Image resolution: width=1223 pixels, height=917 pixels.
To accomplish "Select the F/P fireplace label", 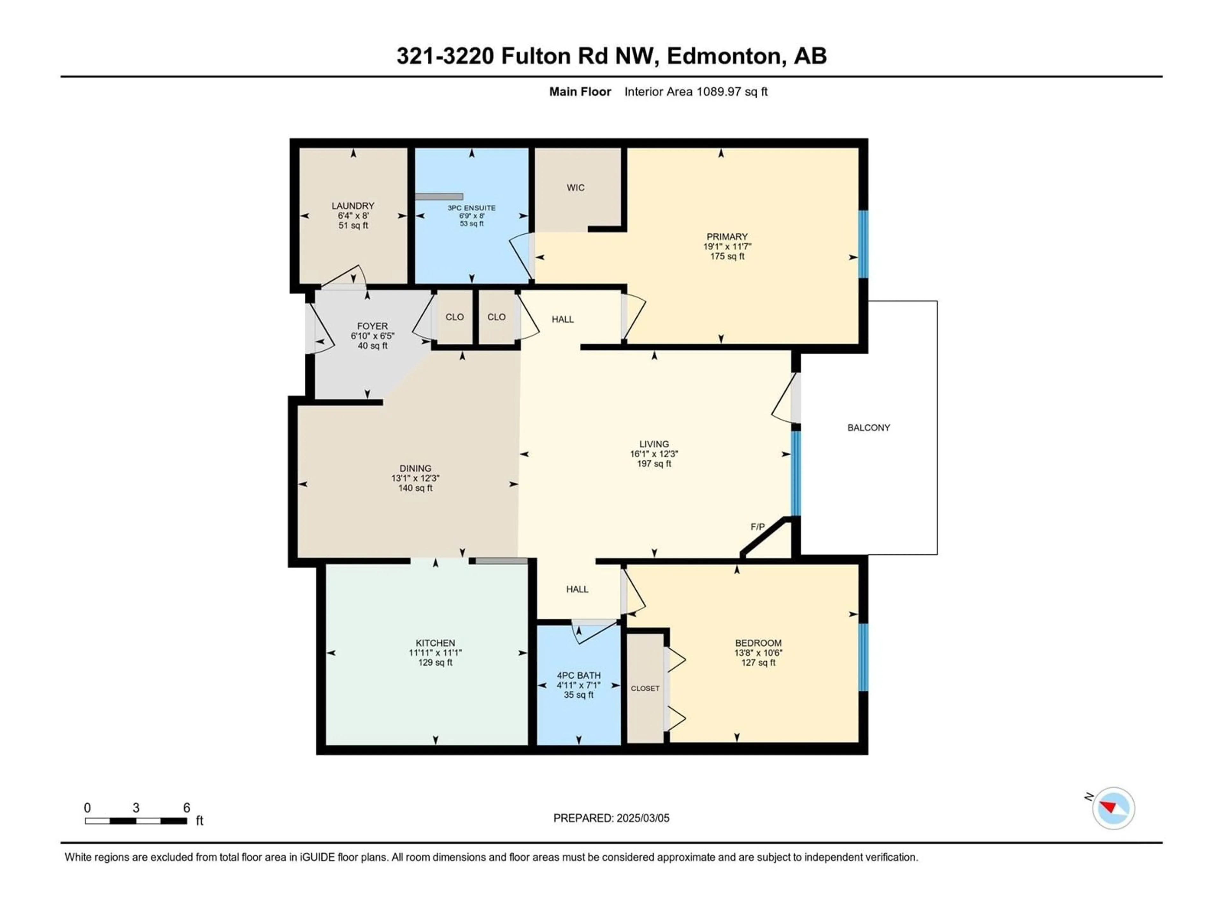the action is pyautogui.click(x=757, y=527).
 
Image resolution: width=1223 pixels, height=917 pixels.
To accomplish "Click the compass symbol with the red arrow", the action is pyautogui.click(x=1113, y=808).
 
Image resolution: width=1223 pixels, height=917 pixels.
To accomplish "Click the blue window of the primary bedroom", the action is pyautogui.click(x=863, y=244).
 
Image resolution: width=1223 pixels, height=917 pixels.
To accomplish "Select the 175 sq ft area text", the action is pyautogui.click(x=727, y=256).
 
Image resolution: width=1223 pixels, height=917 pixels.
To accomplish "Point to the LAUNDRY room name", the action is pyautogui.click(x=353, y=206).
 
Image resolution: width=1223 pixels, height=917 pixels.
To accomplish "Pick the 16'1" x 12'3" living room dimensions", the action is pyautogui.click(x=654, y=454).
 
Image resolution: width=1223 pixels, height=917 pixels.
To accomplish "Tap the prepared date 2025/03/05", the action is pyautogui.click(x=641, y=818).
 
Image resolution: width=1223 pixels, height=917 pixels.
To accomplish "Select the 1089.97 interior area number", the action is pyautogui.click(x=718, y=92).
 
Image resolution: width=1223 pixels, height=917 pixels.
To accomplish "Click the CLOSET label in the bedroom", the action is pyautogui.click(x=645, y=688).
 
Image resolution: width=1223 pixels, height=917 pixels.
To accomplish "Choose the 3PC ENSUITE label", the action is pyautogui.click(x=472, y=208).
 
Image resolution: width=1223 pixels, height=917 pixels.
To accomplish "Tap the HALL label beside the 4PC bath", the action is pyautogui.click(x=577, y=589).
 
